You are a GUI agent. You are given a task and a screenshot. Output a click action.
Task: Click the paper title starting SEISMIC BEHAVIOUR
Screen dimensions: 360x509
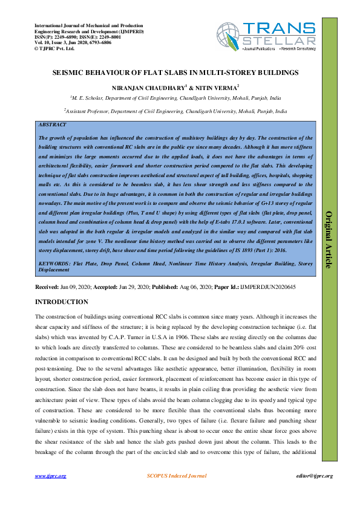point(179,73)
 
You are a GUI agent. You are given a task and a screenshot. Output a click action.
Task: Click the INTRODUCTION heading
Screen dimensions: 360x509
point(62,302)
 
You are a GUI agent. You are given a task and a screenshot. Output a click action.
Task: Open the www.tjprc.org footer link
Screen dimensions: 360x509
point(50,476)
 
